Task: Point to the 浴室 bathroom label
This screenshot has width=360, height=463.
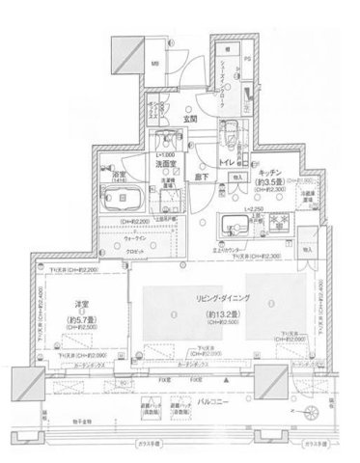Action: [x=120, y=174]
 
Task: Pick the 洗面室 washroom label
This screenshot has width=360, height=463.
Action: [x=170, y=164]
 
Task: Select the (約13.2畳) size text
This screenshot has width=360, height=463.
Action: [x=223, y=314]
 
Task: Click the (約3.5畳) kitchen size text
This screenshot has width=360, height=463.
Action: [x=275, y=179]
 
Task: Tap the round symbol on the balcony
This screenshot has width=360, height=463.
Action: [x=311, y=413]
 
